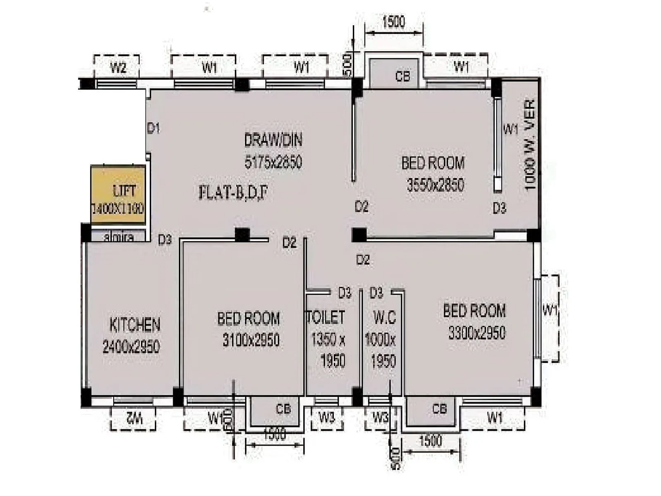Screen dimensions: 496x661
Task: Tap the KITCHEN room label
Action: point(135,325)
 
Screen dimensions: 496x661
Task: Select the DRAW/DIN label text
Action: point(273,140)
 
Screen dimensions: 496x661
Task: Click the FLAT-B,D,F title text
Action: point(233,193)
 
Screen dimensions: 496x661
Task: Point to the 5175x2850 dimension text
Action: point(273,162)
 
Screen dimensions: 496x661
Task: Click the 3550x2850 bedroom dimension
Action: point(435,185)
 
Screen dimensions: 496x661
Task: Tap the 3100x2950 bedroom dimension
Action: point(251,340)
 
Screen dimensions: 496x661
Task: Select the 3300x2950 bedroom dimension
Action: point(477,333)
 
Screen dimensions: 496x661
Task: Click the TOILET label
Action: point(326,317)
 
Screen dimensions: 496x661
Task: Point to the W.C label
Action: point(384,317)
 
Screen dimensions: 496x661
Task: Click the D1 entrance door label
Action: point(153,129)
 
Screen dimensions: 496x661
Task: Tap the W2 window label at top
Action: point(118,67)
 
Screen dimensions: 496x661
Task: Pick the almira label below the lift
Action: point(119,237)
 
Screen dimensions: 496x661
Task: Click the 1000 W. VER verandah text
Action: point(530,145)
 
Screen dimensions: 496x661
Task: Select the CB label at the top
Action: point(402,76)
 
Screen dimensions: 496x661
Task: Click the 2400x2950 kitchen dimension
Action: point(131,346)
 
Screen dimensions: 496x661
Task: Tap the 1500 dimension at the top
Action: point(393,21)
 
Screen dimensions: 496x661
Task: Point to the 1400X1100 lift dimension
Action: point(118,208)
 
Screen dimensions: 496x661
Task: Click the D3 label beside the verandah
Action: point(499,208)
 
